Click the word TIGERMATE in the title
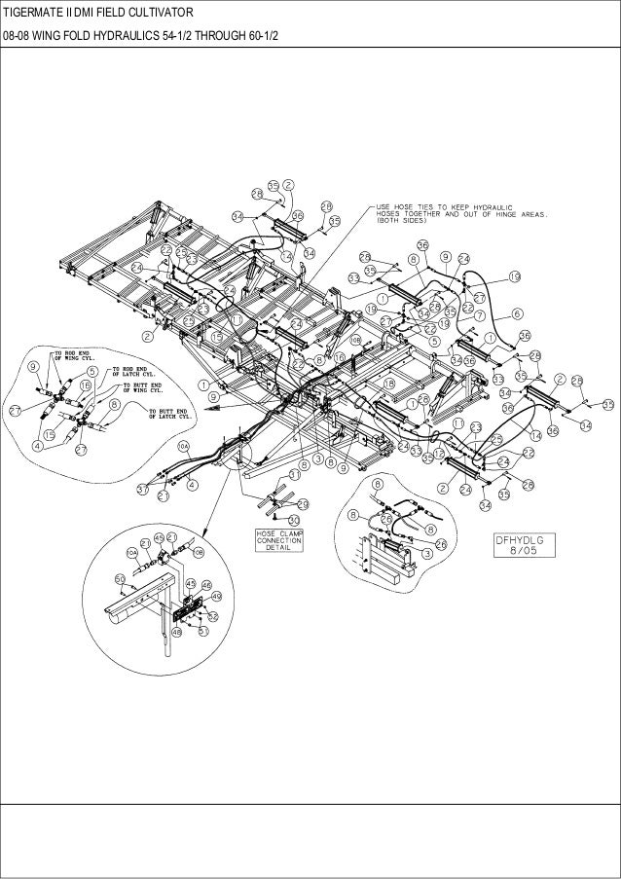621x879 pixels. point(39,12)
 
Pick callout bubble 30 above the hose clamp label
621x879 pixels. point(294,521)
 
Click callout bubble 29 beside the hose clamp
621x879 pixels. point(302,503)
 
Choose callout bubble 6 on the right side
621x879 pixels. point(515,313)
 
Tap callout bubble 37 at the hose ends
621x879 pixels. point(144,489)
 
